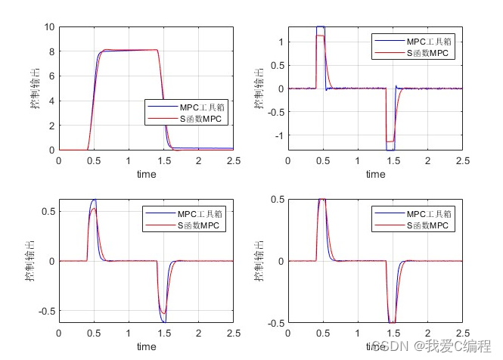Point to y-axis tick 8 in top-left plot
tap(50, 51)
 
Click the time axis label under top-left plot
tap(146, 175)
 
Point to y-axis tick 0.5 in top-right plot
tap(275, 65)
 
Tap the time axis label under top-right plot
tap(375, 175)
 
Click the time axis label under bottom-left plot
tap(146, 346)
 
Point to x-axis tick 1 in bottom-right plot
tap(358, 334)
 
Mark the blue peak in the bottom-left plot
tap(95, 200)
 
